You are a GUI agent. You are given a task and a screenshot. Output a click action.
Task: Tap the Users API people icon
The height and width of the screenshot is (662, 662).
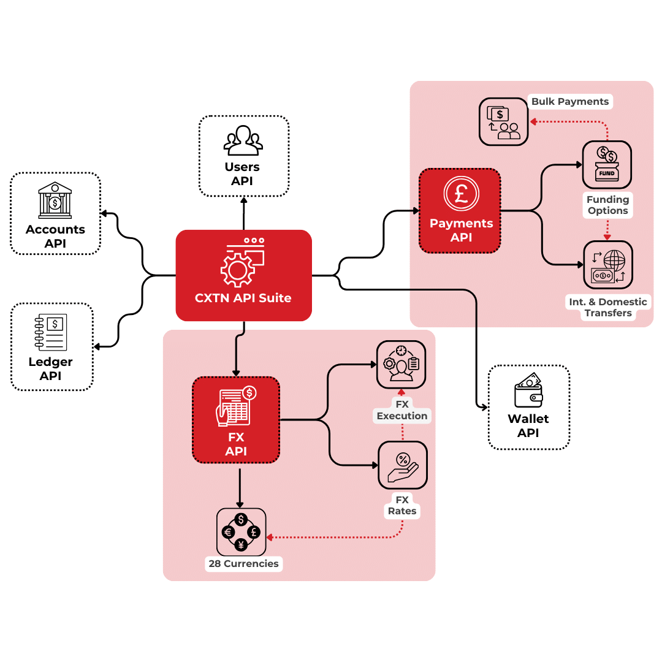[243, 140]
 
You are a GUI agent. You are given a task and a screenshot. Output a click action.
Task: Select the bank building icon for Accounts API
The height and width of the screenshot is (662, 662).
[55, 200]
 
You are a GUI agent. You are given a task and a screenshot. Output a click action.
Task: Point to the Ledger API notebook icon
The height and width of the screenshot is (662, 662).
[51, 332]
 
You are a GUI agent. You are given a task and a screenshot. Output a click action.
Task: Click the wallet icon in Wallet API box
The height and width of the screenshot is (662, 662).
[528, 392]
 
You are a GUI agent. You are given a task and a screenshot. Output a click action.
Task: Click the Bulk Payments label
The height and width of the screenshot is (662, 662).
[570, 102]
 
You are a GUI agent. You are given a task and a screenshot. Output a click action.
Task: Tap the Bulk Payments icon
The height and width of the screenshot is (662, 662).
[503, 123]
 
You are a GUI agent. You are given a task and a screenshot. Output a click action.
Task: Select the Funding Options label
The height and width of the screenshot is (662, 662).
[607, 205]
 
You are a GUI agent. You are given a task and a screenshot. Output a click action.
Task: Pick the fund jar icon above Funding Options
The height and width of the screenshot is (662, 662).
[607, 164]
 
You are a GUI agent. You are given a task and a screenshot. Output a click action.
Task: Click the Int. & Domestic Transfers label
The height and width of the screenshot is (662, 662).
[607, 307]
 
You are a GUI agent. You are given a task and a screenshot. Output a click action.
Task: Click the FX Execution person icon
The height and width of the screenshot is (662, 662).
[401, 365]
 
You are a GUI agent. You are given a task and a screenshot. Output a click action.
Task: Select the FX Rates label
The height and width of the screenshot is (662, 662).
[402, 506]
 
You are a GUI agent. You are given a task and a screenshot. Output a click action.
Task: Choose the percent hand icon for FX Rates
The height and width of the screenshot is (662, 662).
[403, 465]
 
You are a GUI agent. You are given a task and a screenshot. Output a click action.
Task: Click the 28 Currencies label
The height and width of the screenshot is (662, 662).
[244, 563]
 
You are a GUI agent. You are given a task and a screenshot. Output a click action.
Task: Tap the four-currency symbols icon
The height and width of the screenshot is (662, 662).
[242, 531]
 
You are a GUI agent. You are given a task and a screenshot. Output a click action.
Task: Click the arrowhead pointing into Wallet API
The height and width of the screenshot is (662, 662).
[484, 406]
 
